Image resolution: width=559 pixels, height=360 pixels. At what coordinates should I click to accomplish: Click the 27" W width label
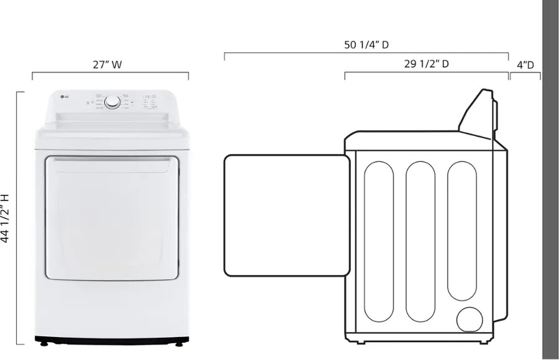point(107,64)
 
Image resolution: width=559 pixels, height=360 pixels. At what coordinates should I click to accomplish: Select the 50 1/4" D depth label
point(366,45)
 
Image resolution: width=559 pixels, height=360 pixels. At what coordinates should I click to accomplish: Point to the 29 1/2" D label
point(426,63)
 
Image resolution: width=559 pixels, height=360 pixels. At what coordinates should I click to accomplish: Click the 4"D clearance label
point(525,64)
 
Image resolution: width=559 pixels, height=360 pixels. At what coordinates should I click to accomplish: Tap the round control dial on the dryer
point(112,102)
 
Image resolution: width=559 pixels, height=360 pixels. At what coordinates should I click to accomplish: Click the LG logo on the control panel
point(63,96)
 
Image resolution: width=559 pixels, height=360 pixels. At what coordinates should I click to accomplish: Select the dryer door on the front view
point(111,217)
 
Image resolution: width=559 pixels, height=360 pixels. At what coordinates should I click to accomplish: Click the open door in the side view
point(287,215)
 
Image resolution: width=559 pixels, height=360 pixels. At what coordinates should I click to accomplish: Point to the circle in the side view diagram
point(469,319)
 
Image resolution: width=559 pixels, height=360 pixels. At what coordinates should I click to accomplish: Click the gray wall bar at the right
point(550,180)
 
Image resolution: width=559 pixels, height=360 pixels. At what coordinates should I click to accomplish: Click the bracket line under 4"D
point(525,73)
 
